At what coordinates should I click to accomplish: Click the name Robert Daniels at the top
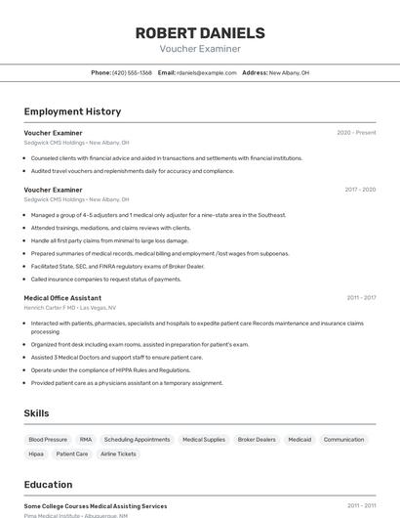click(x=200, y=33)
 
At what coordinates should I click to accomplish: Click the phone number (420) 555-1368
click(x=132, y=72)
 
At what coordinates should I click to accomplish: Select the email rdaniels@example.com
click(x=207, y=72)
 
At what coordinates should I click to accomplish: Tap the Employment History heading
click(x=72, y=111)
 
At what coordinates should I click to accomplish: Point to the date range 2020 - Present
click(x=356, y=133)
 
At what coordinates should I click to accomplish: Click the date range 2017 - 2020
click(x=359, y=190)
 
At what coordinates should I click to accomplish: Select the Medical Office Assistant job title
click(x=62, y=297)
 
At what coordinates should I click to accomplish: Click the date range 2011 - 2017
click(x=360, y=297)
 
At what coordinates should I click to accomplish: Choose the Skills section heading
click(x=36, y=413)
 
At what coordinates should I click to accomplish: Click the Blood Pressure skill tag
click(x=48, y=440)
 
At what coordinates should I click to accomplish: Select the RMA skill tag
click(x=86, y=440)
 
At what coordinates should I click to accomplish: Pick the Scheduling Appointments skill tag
click(x=137, y=440)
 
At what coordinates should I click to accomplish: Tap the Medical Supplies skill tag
click(x=204, y=440)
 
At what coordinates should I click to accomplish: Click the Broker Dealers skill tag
click(x=257, y=440)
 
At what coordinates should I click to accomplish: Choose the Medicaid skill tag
click(x=300, y=440)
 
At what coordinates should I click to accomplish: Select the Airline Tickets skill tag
click(x=118, y=453)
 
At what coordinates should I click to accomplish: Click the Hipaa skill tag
click(x=36, y=453)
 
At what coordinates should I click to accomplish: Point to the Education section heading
click(x=48, y=484)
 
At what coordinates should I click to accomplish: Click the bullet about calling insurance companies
click(x=105, y=279)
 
